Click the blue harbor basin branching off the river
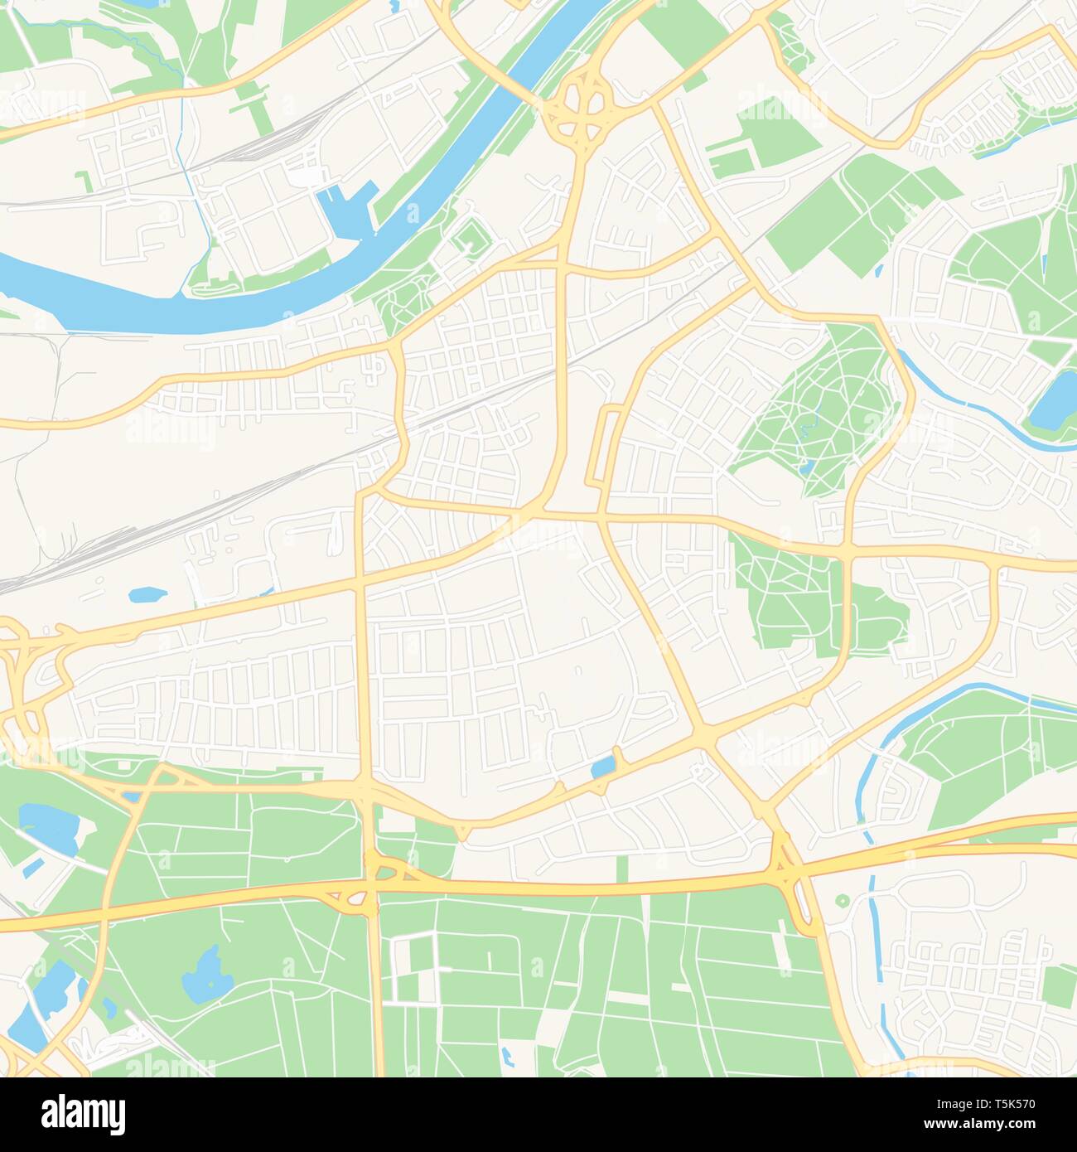(x=340, y=208)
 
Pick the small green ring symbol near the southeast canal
(x=842, y=900)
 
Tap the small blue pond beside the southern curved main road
(x=604, y=767)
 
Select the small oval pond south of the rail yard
(x=147, y=594)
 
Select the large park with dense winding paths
(x=816, y=406)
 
